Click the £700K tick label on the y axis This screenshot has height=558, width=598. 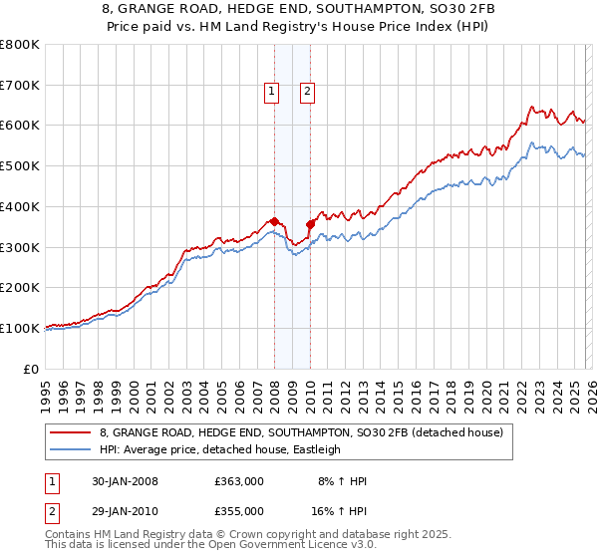point(19,86)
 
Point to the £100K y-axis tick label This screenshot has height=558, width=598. point(19,328)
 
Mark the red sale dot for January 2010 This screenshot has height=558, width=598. point(310,224)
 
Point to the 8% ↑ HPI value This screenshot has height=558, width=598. point(341,481)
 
